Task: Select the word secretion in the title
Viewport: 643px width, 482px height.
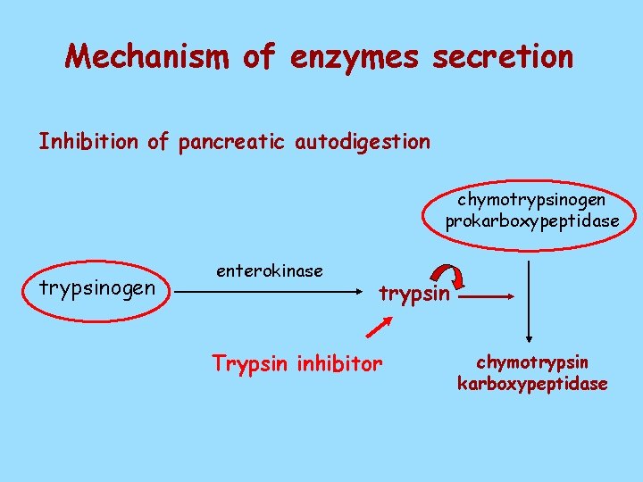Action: pos(503,57)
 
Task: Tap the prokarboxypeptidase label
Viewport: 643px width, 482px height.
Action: pos(532,220)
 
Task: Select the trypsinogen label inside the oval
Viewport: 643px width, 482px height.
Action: pos(98,288)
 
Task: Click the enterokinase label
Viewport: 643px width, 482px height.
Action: pos(270,270)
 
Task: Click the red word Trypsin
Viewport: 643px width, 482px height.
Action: pos(246,363)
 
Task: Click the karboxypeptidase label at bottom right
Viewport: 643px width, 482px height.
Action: pos(532,384)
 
